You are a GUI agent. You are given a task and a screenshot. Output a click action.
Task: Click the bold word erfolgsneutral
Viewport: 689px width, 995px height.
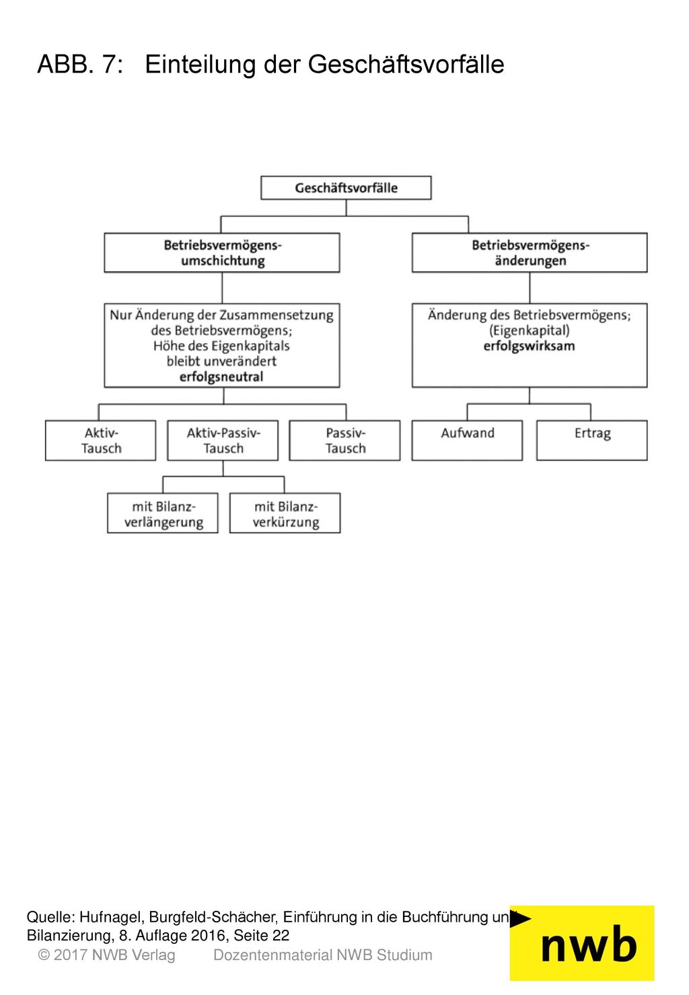coord(221,377)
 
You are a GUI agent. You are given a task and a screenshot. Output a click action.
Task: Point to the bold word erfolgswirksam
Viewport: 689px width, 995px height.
coord(529,346)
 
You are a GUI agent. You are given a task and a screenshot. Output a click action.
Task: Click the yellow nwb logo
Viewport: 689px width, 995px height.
coord(582,943)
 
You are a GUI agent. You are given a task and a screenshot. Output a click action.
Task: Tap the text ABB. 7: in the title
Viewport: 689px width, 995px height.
coord(80,64)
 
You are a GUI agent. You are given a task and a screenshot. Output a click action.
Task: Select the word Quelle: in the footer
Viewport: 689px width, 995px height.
coord(51,917)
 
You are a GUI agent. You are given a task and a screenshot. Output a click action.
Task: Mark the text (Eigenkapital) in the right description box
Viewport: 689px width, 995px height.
coord(529,330)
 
